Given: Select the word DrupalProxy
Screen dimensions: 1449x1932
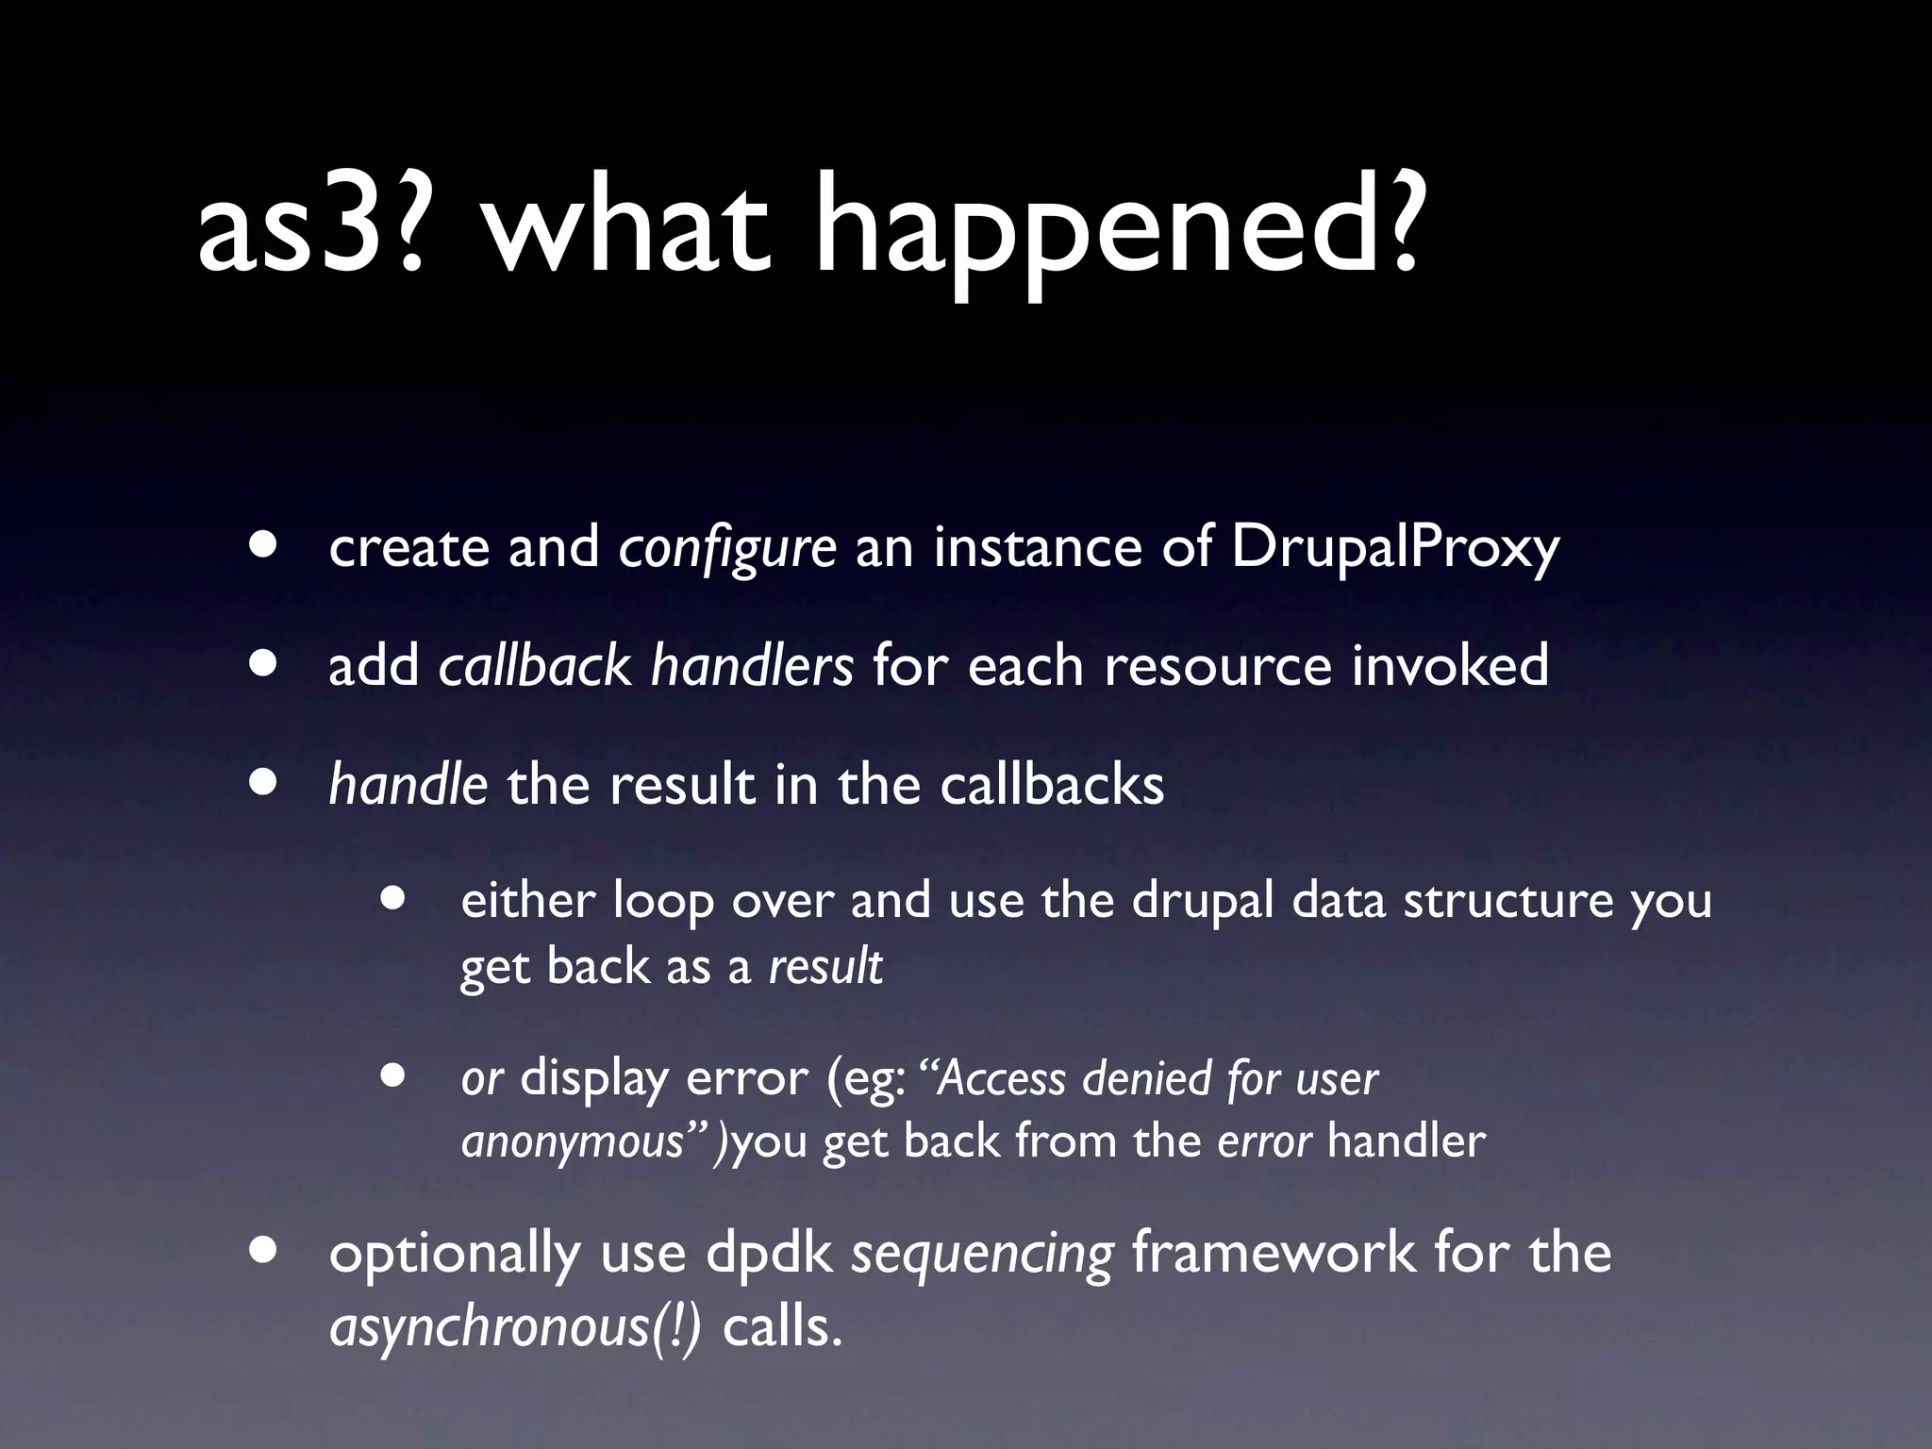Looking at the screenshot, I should pos(1394,548).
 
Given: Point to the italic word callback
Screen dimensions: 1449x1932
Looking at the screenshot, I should pos(534,665).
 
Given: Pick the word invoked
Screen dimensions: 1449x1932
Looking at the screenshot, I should pos(1450,665).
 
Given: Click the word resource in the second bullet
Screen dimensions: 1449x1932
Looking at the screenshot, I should pos(1218,667).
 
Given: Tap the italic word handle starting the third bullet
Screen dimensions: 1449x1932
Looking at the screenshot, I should pos(408,784).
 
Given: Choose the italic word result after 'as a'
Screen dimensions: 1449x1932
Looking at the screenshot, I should pos(825,966).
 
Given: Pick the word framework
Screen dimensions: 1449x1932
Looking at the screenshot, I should pos(1273,1253).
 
